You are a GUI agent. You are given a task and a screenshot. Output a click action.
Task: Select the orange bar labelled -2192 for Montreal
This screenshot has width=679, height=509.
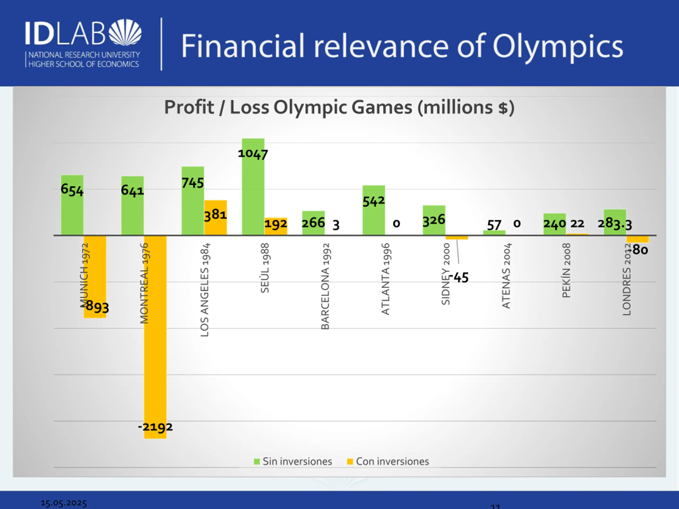click(155, 337)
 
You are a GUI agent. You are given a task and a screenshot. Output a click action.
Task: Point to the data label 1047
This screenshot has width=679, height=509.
click(253, 154)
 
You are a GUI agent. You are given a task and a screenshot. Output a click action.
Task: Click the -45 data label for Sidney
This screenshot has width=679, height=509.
click(460, 278)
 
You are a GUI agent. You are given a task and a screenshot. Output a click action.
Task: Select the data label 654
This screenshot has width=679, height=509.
click(72, 190)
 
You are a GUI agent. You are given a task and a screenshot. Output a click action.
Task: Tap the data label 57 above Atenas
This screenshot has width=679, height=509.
click(494, 225)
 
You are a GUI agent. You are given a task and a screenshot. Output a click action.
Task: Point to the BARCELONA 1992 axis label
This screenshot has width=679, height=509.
click(325, 286)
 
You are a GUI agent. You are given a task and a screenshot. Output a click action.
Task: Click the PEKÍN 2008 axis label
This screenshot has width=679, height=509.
click(566, 270)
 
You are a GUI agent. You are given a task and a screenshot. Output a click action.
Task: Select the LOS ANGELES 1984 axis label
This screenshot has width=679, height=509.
click(204, 290)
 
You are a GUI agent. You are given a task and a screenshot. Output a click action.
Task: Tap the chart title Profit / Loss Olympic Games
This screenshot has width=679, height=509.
click(339, 107)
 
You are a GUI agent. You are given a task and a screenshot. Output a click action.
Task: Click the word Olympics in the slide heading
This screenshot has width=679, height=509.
click(558, 46)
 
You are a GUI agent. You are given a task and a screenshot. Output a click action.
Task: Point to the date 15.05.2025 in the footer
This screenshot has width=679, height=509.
click(64, 503)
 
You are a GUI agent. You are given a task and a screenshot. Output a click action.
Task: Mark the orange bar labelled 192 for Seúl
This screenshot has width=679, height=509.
click(276, 226)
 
